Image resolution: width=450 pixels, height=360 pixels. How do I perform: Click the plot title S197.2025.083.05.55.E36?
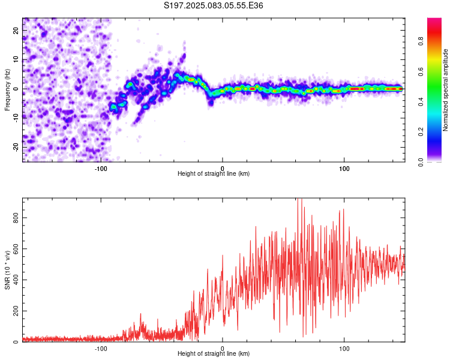point(213,5)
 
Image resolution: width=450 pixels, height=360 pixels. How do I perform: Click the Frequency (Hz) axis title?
point(7,90)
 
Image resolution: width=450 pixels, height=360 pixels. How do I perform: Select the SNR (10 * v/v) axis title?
point(7,270)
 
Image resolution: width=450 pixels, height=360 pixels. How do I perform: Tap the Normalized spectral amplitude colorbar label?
point(445,90)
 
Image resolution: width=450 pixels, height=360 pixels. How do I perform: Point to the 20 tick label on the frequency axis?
point(16,31)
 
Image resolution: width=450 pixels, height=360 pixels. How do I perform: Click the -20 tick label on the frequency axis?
point(16,147)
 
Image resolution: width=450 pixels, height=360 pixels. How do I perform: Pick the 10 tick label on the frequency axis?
point(16,59)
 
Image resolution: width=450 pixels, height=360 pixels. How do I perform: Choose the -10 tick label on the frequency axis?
point(16,118)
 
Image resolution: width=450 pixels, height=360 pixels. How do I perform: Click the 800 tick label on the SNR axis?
point(16,218)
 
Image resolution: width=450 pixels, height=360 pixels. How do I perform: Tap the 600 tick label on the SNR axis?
point(16,248)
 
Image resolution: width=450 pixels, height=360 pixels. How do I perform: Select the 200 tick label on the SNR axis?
point(16,311)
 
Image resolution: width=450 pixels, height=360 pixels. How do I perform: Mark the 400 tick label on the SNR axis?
point(16,280)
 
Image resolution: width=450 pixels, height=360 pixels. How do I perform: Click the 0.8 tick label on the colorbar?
point(421,41)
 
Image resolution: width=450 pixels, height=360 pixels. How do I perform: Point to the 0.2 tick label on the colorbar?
point(421,131)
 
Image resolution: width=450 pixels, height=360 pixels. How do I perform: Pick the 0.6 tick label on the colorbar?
point(421,71)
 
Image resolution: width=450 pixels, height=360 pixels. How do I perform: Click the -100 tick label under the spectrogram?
point(101,169)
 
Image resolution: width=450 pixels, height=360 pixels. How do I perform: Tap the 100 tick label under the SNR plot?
point(344,349)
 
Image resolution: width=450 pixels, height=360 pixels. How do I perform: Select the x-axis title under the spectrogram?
point(214,173)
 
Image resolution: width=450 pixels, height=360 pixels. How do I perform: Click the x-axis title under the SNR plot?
point(214,353)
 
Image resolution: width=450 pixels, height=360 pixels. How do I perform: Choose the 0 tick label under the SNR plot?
point(223,349)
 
